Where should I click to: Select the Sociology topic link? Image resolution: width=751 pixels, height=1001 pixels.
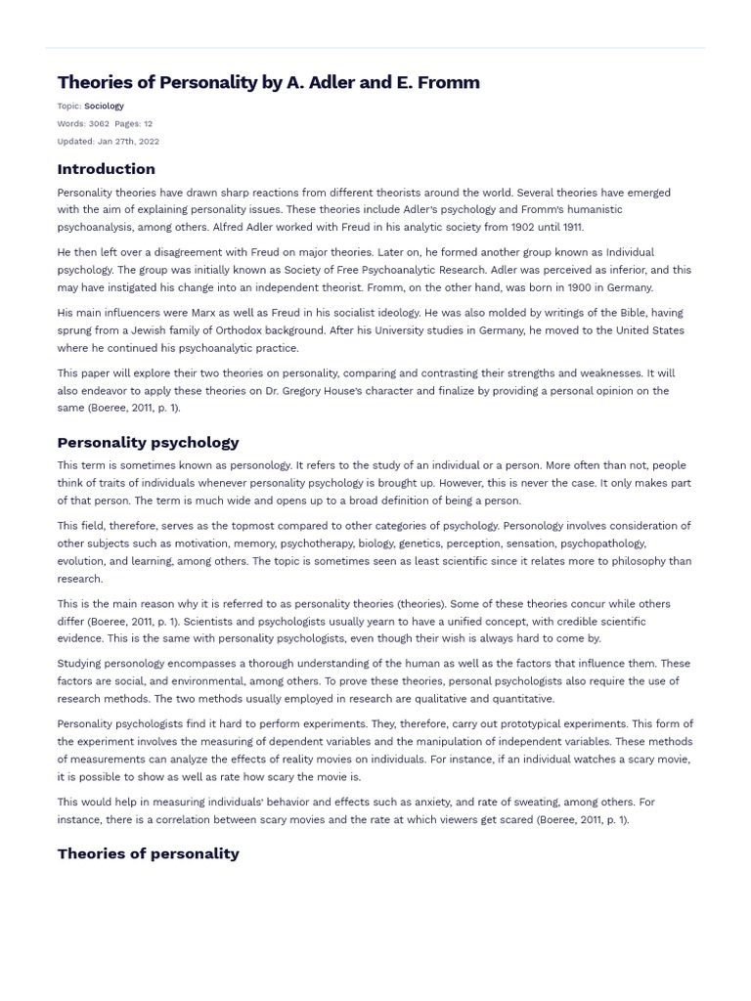point(104,106)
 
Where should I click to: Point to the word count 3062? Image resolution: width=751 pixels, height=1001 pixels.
point(99,124)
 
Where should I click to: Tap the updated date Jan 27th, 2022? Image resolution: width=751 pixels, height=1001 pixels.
point(127,142)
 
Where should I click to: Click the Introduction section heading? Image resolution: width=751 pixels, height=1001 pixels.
point(106,169)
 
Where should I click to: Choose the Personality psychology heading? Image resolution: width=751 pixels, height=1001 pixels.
point(148,442)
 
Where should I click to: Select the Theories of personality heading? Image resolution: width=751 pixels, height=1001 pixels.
point(148,853)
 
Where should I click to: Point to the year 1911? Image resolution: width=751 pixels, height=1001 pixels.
point(567,227)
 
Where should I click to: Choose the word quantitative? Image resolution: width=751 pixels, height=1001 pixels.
point(519,699)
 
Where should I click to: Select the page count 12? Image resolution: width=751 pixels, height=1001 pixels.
point(148,124)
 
